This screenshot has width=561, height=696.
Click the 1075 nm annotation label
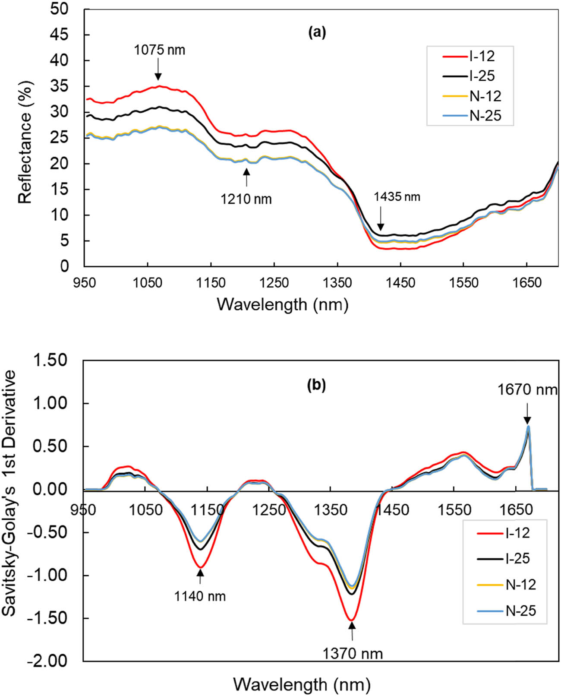tap(159, 50)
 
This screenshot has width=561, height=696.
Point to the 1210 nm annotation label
tap(246, 199)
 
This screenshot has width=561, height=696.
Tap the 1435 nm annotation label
tap(397, 197)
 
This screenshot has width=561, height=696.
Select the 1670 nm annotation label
tap(527, 390)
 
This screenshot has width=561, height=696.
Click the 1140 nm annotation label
tap(200, 597)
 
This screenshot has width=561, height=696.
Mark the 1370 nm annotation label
tap(353, 654)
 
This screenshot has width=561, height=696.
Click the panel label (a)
tap(317, 32)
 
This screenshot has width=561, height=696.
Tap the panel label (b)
tap(316, 385)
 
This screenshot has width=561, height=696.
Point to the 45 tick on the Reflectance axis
tap(59, 35)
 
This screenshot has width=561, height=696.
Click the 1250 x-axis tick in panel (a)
tap(274, 283)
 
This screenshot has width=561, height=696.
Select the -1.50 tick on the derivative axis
tap(48, 618)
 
